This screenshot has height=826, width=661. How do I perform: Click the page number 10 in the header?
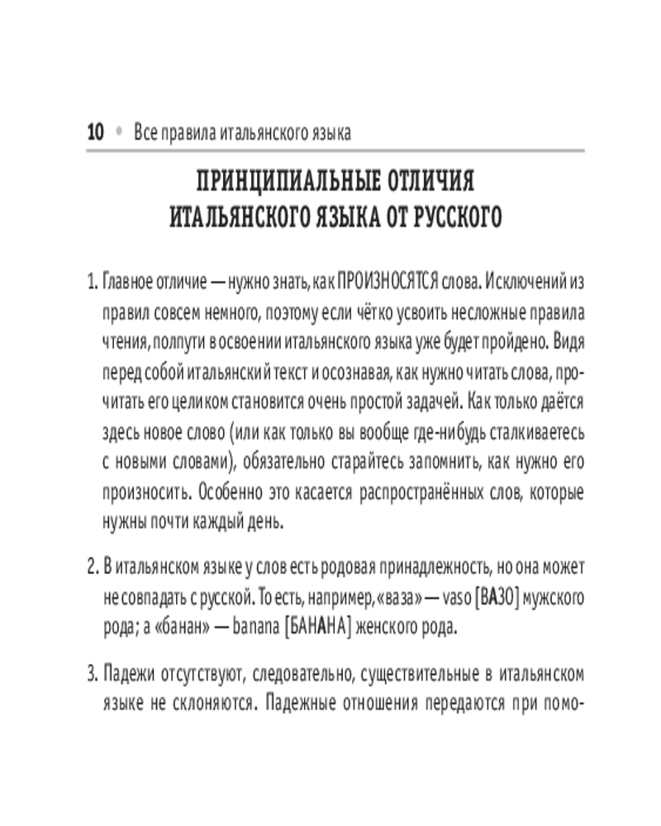pyautogui.click(x=93, y=132)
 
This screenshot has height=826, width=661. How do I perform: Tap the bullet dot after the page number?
pyautogui.click(x=119, y=132)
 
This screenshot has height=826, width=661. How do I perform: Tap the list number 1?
pyautogui.click(x=91, y=283)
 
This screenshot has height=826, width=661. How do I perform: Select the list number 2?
pyautogui.click(x=91, y=569)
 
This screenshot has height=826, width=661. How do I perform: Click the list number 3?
pyautogui.click(x=91, y=675)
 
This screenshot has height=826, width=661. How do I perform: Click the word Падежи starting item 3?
pyautogui.click(x=129, y=675)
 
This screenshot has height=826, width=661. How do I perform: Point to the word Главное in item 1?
pyautogui.click(x=131, y=283)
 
